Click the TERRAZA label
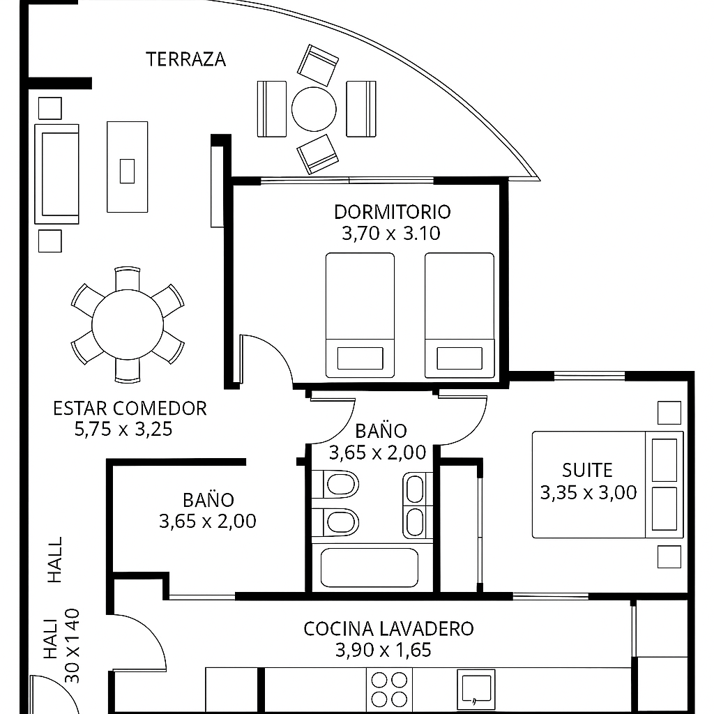pyautogui.click(x=185, y=59)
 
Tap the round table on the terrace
pyautogui.click(x=314, y=109)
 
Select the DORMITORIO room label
pyautogui.click(x=392, y=212)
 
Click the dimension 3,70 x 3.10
pyautogui.click(x=391, y=233)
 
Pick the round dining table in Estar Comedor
pyautogui.click(x=128, y=325)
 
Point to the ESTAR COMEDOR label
pyautogui.click(x=130, y=408)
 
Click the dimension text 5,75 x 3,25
pyautogui.click(x=123, y=430)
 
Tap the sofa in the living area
pyautogui.click(x=57, y=174)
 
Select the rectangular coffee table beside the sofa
pyautogui.click(x=128, y=167)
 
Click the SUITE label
pyautogui.click(x=587, y=470)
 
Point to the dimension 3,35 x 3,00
pyautogui.click(x=588, y=492)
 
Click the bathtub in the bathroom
pyautogui.click(x=370, y=568)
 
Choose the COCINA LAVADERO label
pyautogui.click(x=388, y=629)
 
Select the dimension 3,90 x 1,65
pyautogui.click(x=383, y=651)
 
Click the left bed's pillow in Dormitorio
pyautogui.click(x=360, y=358)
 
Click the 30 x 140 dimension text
pyautogui.click(x=73, y=646)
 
